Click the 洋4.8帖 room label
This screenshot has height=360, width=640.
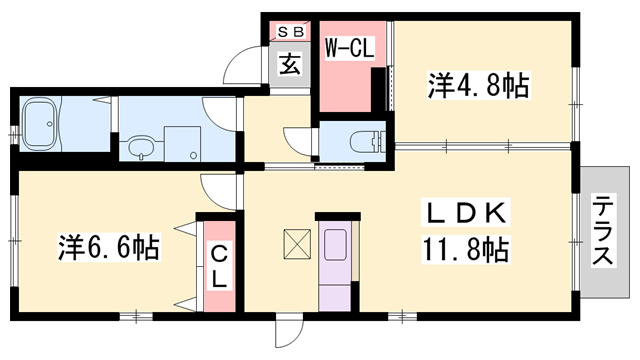[479, 86]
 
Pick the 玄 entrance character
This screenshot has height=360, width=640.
[289, 67]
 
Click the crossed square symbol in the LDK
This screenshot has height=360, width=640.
[298, 243]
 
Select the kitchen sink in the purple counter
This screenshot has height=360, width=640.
[335, 246]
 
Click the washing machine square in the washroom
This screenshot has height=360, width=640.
[182, 142]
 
